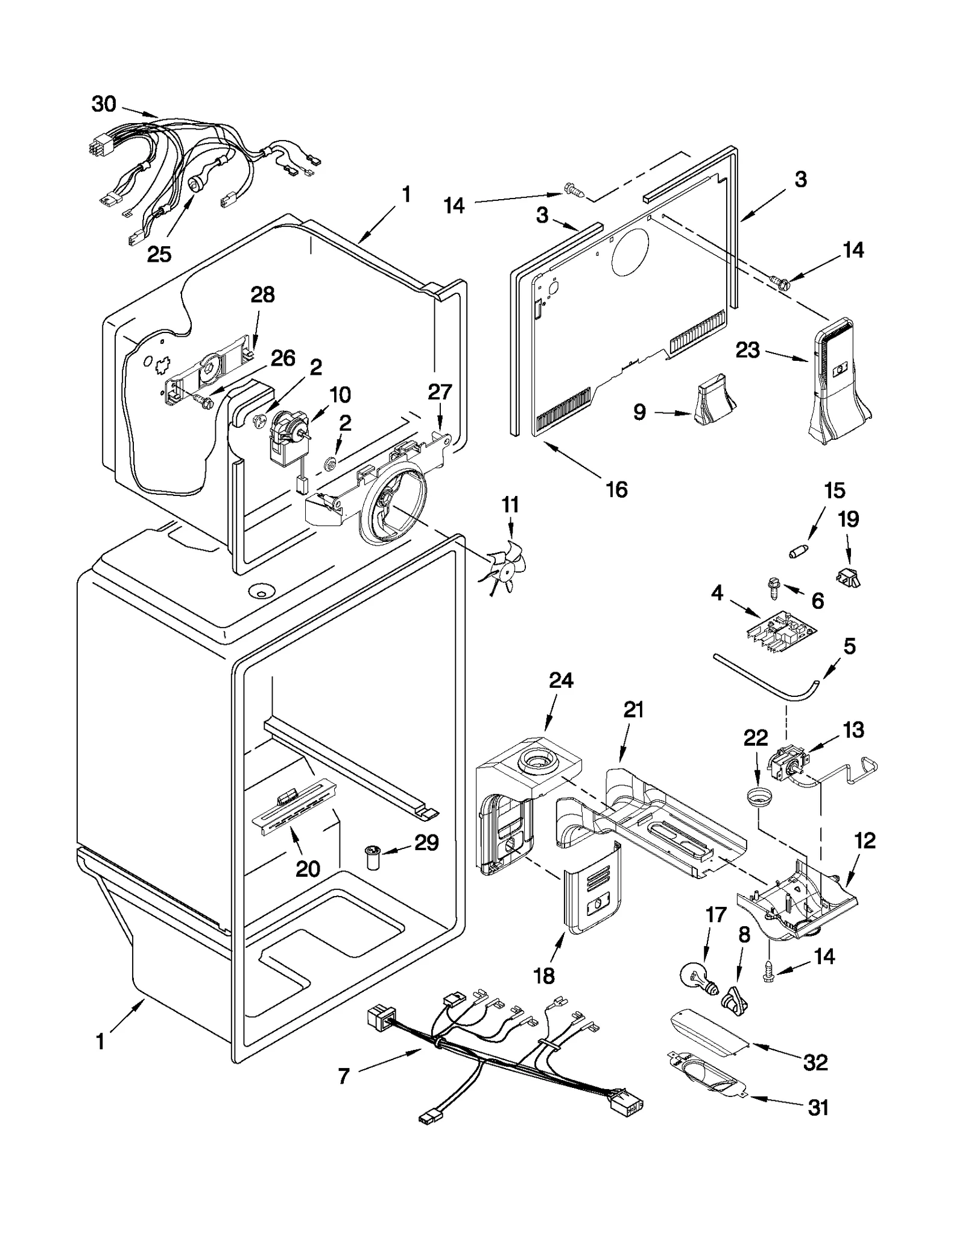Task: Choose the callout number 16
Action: (x=616, y=489)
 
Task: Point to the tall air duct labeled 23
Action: (x=838, y=380)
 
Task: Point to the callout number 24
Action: (x=561, y=680)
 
